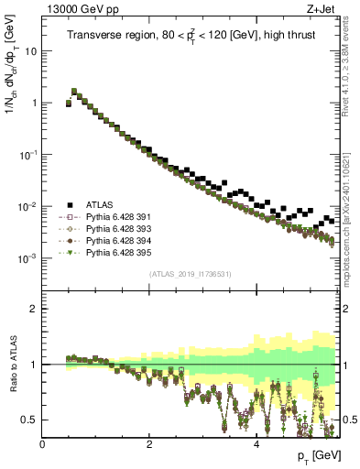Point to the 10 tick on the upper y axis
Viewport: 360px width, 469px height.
pos(31,51)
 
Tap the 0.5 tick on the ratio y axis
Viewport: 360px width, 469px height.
pos(30,420)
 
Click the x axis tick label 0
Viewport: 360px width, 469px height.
pos(42,443)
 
